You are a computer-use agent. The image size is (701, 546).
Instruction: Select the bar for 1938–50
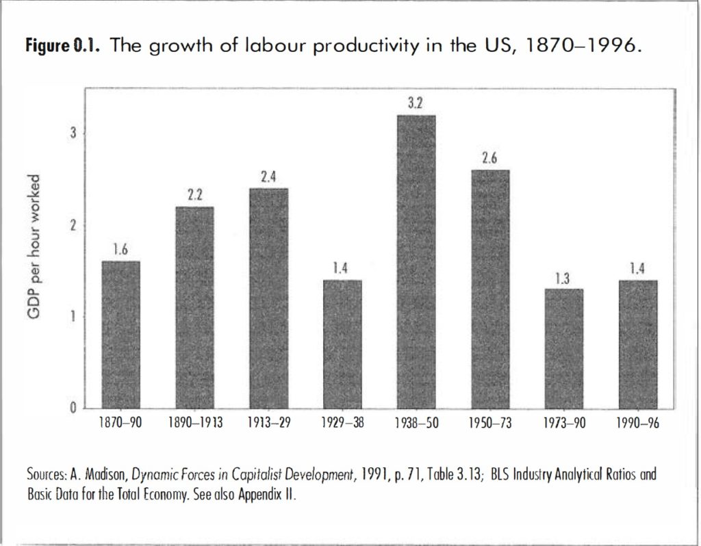(x=416, y=262)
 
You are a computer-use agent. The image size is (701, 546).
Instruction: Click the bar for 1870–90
(x=121, y=335)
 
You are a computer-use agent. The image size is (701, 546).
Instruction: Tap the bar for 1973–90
(x=564, y=348)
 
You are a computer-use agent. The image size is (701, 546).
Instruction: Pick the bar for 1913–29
(x=268, y=298)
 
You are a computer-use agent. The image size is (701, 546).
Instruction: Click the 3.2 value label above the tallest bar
(x=416, y=103)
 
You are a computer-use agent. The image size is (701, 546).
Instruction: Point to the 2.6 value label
(x=489, y=158)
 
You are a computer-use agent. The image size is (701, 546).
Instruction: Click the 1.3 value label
(x=563, y=278)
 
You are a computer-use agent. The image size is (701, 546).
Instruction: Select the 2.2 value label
(x=194, y=195)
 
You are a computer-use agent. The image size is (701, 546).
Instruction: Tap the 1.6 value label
(x=120, y=250)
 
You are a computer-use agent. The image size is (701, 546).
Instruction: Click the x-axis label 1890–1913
(x=195, y=423)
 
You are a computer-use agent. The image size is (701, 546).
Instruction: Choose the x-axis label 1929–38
(x=342, y=423)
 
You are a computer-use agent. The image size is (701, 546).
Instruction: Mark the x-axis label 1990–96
(x=638, y=423)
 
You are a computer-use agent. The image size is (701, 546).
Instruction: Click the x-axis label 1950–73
(x=490, y=423)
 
